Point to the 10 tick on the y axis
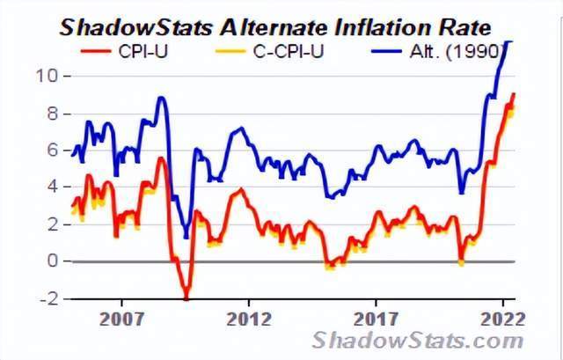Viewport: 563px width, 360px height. point(47,76)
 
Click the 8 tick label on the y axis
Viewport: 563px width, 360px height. point(51,114)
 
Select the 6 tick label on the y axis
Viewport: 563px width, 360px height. point(51,151)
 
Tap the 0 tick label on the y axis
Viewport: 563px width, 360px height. point(51,261)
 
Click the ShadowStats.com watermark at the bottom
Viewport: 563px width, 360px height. point(418,340)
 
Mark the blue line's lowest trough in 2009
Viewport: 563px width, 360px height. point(186,235)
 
